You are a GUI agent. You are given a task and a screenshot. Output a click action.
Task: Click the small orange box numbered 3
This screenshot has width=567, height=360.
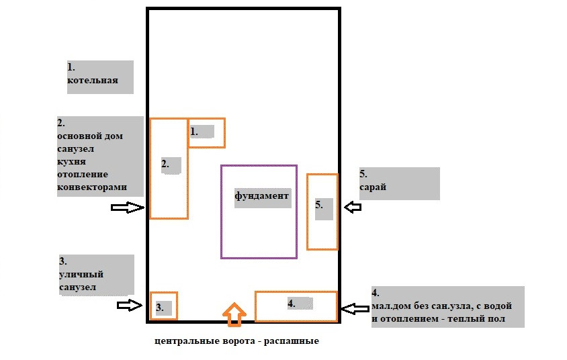[163, 306]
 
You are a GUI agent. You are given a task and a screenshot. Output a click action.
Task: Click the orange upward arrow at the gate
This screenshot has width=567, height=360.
[233, 314]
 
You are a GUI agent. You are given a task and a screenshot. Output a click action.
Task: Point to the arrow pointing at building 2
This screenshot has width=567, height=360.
[128, 208]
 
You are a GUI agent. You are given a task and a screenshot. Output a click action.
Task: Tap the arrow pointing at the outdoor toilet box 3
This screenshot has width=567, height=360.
[130, 306]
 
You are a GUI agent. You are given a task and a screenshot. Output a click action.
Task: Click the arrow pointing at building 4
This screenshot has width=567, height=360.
[352, 309]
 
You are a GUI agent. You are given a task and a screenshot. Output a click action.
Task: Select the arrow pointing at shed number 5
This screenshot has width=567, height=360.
[352, 208]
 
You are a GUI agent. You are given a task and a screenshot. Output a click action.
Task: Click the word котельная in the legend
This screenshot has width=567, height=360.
[93, 81]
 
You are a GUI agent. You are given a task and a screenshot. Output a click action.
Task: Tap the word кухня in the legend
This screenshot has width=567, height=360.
[72, 162]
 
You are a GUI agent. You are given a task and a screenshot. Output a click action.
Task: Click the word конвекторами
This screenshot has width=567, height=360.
[92, 187]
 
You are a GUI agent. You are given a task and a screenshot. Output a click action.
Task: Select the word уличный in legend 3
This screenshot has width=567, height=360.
[81, 274]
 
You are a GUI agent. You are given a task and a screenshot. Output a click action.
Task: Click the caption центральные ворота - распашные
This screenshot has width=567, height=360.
[236, 341]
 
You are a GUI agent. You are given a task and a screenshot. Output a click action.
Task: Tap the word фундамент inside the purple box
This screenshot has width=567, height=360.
[261, 196]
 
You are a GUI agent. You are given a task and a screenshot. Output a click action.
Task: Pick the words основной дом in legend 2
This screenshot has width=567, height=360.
[90, 136]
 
